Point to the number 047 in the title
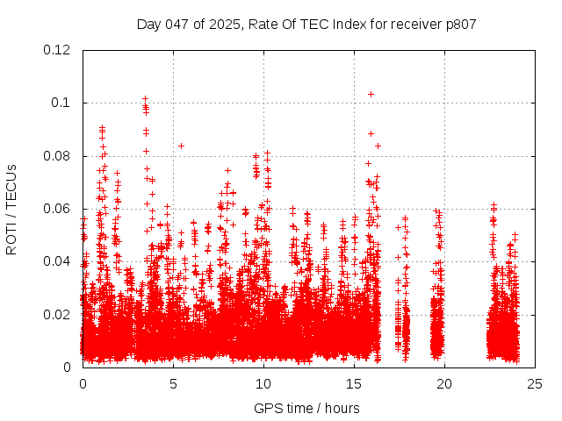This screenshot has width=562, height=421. pos(178,25)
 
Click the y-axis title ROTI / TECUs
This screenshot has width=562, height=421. pos(12,209)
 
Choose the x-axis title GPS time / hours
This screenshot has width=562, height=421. pos(306,408)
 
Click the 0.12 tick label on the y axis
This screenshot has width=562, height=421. pos(58,50)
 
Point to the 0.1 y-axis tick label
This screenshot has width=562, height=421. pos(61,103)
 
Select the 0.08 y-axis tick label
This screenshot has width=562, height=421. pos(58,156)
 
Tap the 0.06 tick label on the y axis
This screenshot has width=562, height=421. pos(58,209)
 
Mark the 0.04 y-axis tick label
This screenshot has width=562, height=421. pos(58,261)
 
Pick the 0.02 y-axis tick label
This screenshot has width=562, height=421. pos(58,314)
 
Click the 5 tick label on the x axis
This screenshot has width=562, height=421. pos(173,383)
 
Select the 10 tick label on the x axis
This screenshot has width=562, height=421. pos(263,383)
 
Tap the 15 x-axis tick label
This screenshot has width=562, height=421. pos(354,383)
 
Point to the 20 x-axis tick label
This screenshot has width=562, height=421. pos(444,383)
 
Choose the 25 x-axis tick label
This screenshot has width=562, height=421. pos(535,383)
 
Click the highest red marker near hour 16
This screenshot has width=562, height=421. pos(371,94)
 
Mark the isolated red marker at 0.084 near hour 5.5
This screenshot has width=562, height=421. pos(181,146)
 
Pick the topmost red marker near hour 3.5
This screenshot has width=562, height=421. pos(145,99)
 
